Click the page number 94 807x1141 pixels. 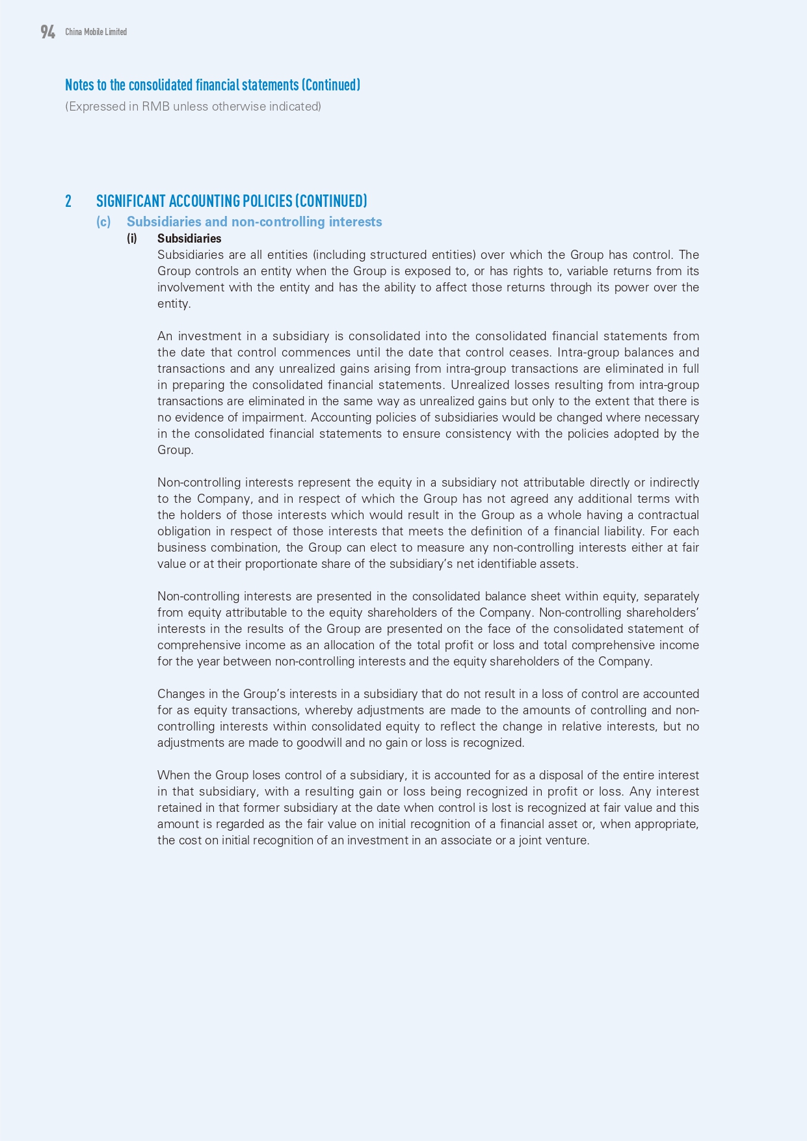point(47,32)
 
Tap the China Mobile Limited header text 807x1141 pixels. point(96,32)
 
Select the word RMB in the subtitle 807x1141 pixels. point(154,107)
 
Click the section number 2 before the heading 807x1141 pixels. point(68,201)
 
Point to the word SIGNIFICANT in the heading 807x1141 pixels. point(131,201)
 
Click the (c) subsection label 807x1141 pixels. point(103,222)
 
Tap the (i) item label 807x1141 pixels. point(132,239)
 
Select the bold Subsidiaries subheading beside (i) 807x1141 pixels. point(189,239)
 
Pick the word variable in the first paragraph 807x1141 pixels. point(590,271)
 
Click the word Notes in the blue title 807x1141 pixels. point(79,85)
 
